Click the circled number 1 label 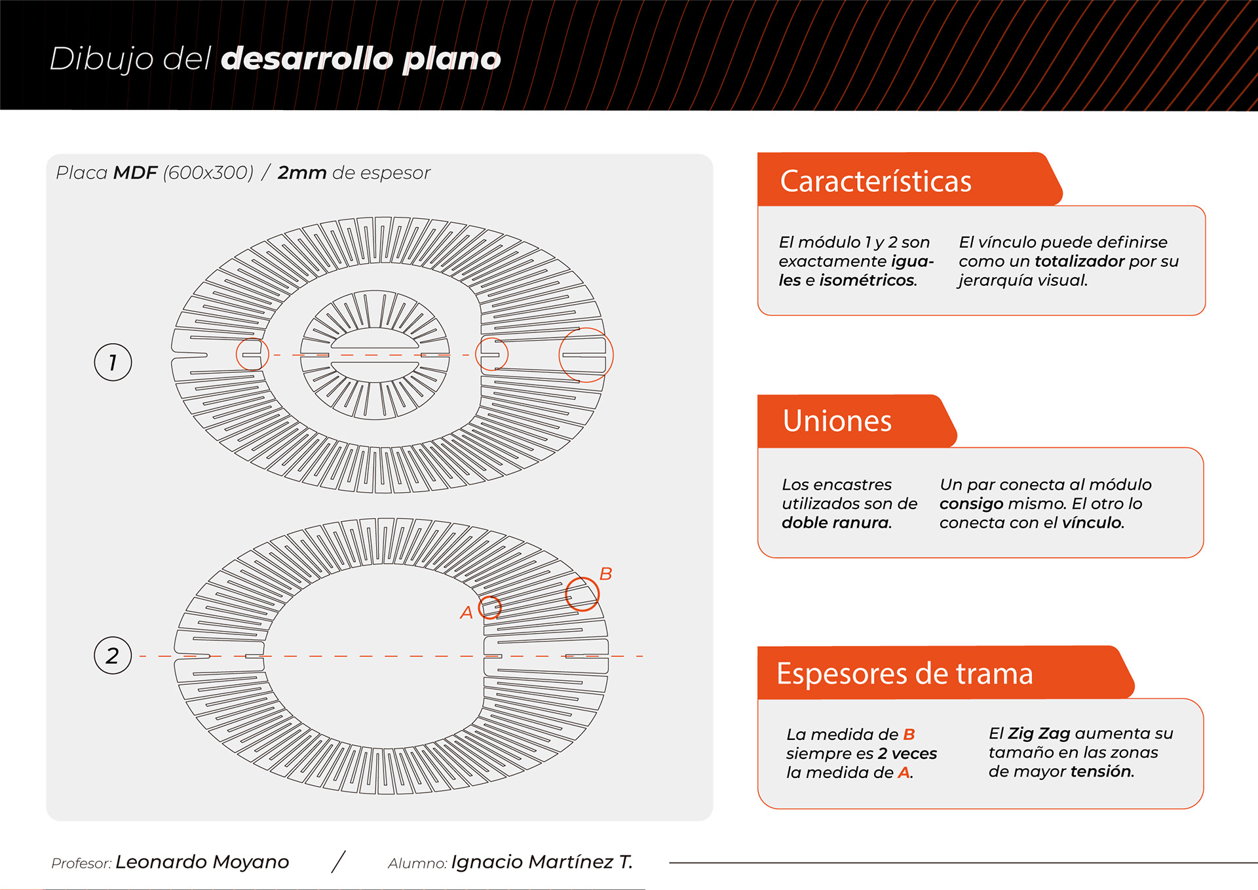click(x=113, y=362)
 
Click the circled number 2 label click(x=113, y=655)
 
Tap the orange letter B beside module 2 click(x=605, y=574)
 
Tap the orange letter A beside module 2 click(x=466, y=613)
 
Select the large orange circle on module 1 click(x=586, y=355)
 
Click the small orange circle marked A click(x=489, y=608)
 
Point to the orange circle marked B click(x=582, y=594)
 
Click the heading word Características click(x=875, y=182)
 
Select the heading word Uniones click(x=837, y=421)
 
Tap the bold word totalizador click(x=1079, y=261)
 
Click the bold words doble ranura click(x=836, y=523)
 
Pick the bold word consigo click(x=971, y=504)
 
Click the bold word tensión click(x=1101, y=771)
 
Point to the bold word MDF click(x=135, y=173)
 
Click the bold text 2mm click(x=301, y=173)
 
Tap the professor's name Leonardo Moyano click(x=202, y=862)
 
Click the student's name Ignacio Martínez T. click(x=542, y=862)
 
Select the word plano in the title click(x=451, y=59)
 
